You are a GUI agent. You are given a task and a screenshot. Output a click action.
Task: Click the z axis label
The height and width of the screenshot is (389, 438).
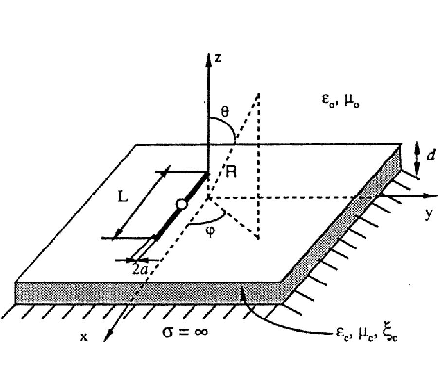pos(219,58)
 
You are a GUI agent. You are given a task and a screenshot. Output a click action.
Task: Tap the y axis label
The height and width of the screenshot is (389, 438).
pos(428,214)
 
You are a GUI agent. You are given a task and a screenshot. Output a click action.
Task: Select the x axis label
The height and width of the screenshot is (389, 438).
pos(84,336)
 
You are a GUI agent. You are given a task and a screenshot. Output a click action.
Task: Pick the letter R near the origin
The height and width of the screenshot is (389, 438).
pos(231,171)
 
